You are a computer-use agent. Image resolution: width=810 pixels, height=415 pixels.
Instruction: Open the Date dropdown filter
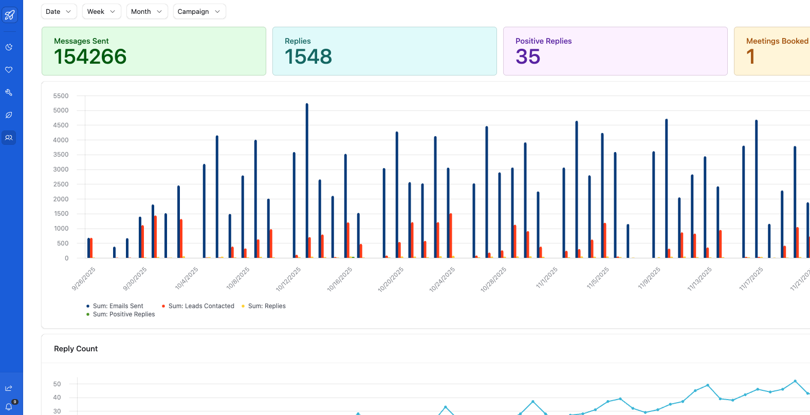59,11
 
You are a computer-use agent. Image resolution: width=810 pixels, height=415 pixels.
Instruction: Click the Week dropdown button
101,11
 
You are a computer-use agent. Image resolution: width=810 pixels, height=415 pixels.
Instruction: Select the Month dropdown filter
146,11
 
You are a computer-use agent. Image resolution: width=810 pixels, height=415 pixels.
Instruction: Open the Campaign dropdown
199,11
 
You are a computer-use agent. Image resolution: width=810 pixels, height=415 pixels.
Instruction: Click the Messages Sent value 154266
90,57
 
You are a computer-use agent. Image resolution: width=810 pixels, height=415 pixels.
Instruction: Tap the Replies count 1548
308,57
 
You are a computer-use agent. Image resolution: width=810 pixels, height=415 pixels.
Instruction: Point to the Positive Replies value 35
528,57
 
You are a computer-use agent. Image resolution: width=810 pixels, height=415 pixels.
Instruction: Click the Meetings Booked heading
777,41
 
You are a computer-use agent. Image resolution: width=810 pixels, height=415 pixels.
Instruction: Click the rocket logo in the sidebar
9,15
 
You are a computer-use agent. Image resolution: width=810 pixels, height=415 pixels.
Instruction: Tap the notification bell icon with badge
9,406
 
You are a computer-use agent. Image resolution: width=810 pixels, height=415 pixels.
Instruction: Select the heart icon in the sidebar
9,70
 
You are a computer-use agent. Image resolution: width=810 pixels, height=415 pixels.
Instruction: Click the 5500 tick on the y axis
61,96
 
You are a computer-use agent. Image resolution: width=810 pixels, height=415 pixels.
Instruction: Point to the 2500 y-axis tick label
61,184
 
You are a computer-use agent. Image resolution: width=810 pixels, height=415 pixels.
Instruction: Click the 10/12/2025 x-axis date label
289,279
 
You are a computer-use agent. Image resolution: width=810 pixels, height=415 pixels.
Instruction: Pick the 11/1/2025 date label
547,278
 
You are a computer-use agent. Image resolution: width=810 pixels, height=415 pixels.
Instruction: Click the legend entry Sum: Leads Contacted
201,306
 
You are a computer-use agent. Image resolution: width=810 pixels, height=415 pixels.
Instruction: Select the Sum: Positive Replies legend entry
123,314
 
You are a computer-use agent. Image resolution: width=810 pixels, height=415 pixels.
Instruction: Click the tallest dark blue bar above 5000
307,180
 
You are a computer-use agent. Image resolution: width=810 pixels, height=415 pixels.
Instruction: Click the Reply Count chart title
76,349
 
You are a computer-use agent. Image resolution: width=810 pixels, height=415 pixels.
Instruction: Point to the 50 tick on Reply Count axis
57,384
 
